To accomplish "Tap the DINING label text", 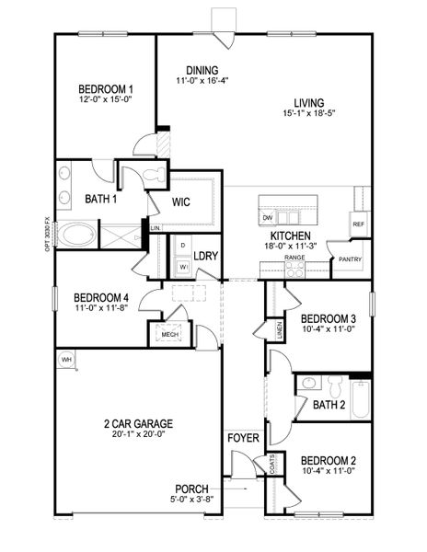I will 201,70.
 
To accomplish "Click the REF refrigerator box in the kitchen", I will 359,223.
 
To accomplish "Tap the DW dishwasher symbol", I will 268,217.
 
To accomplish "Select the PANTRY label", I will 350,259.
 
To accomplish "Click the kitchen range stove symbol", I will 294,269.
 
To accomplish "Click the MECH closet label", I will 169,335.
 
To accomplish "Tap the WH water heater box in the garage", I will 66,358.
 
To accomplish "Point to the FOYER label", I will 244,438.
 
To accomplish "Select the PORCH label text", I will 191,489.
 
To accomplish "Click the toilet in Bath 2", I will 311,383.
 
